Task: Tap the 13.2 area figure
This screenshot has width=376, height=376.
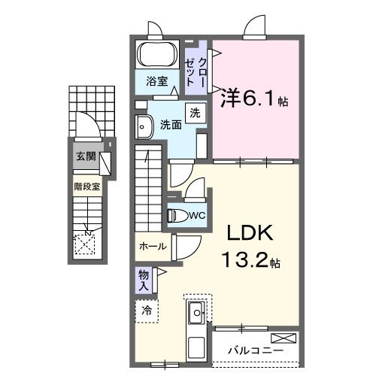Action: click(x=244, y=262)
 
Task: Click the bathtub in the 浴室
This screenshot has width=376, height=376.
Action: click(x=156, y=55)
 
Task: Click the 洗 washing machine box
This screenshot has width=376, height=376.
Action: click(x=194, y=114)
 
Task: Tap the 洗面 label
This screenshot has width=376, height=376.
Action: click(x=170, y=125)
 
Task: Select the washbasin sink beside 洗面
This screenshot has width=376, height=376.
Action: click(x=142, y=125)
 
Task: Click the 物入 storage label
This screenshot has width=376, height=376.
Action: click(x=144, y=280)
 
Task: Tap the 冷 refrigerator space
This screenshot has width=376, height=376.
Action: click(x=147, y=310)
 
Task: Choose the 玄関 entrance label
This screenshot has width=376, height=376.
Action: click(x=85, y=156)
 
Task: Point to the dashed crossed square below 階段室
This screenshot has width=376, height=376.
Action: click(x=86, y=242)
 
